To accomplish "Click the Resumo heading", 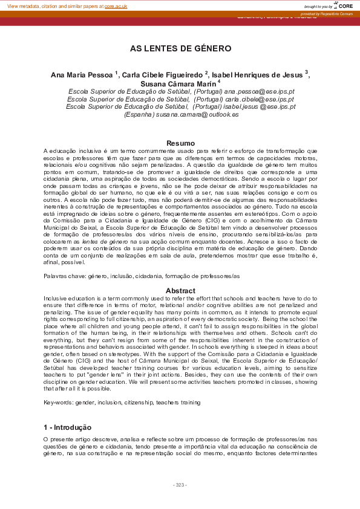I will tap(180, 143).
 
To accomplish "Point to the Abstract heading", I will tap(180, 291).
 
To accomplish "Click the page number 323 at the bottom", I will tap(180, 485).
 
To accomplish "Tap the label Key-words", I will tap(57, 401).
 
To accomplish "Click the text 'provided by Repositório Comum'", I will tap(326, 13).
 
